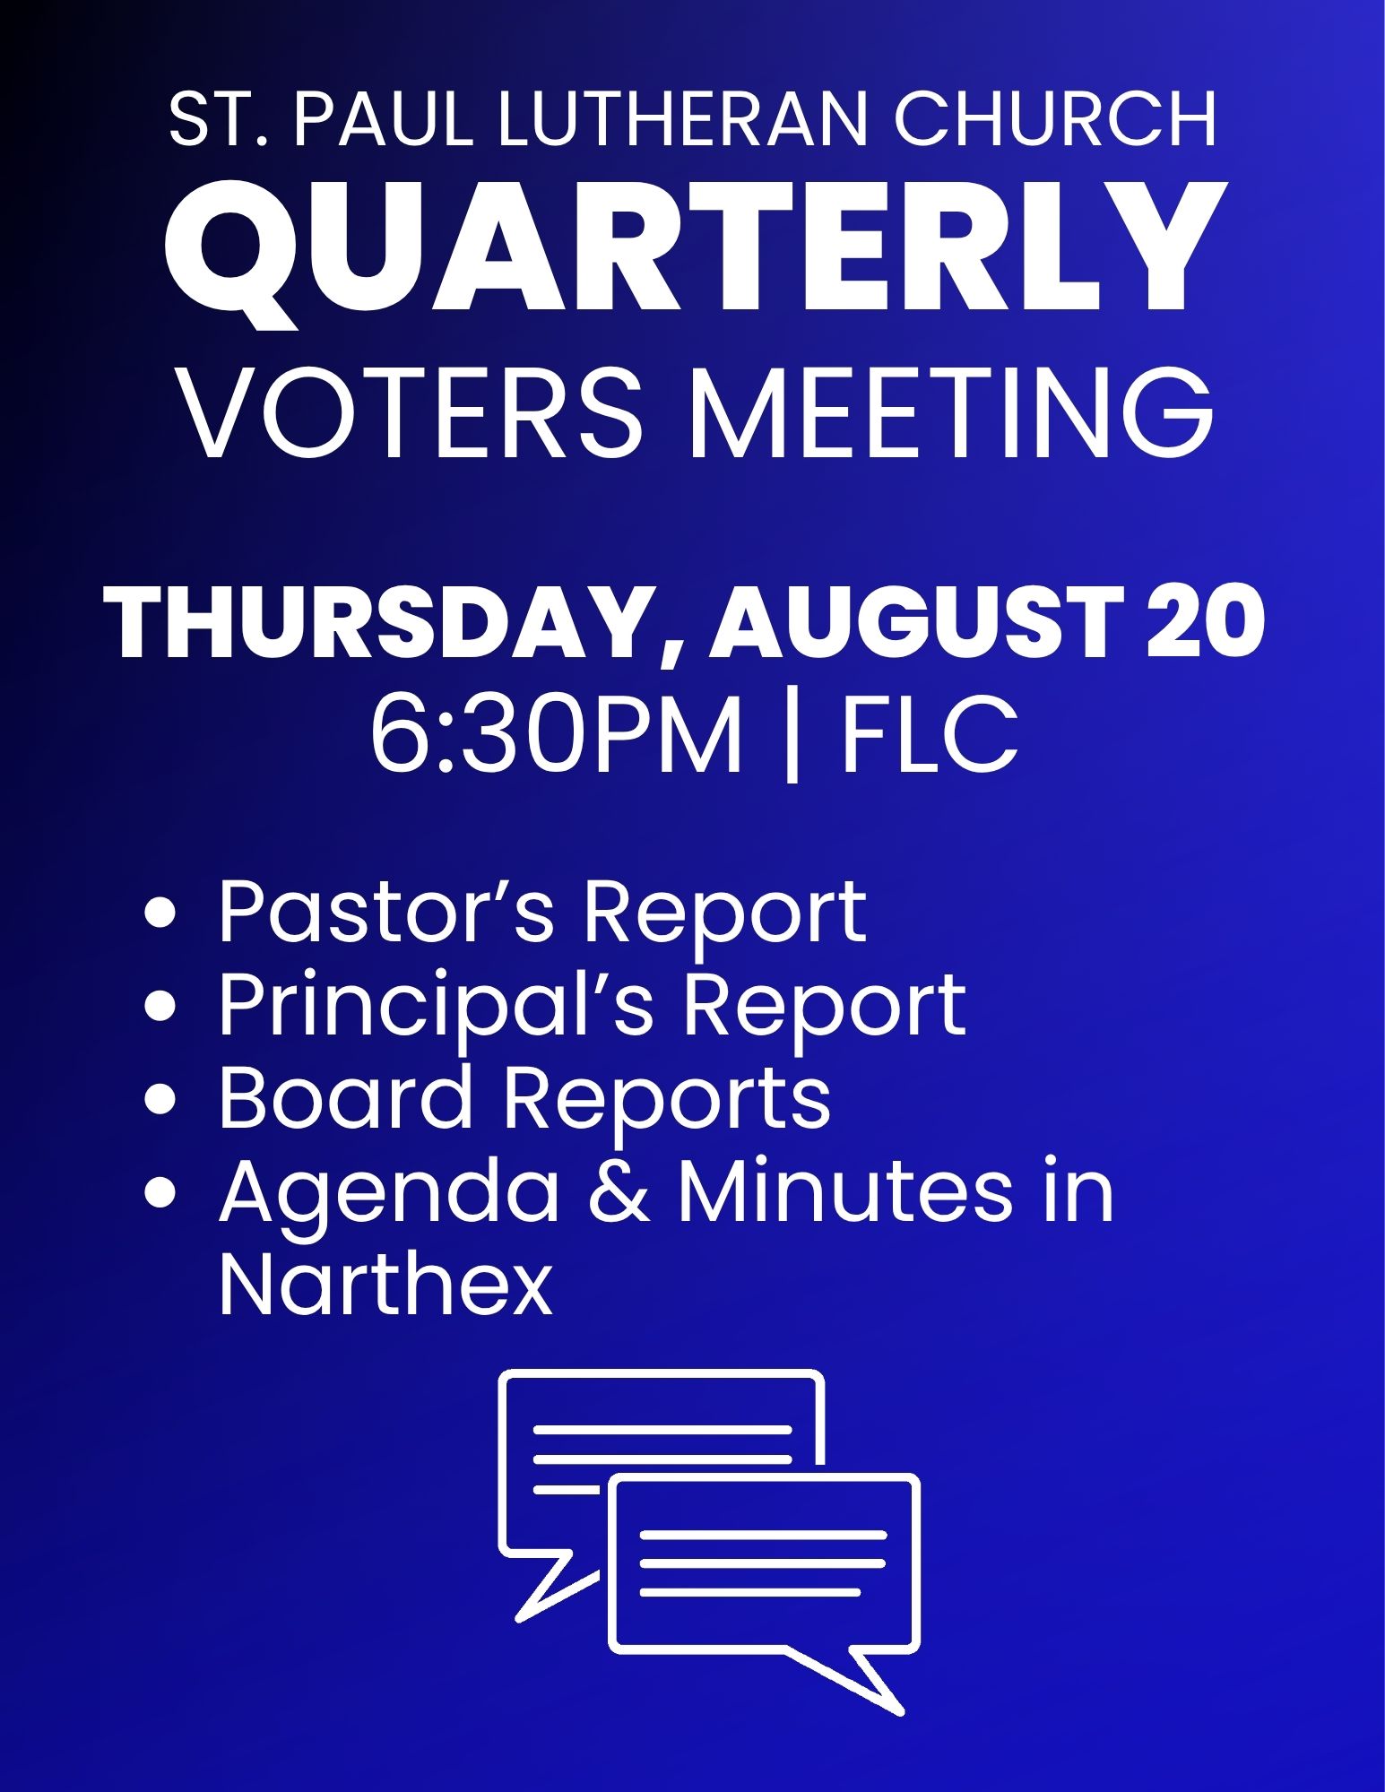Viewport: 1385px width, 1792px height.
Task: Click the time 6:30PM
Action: click(556, 736)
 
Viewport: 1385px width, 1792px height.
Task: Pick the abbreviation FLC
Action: click(930, 736)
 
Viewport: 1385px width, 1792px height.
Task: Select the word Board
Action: click(346, 1097)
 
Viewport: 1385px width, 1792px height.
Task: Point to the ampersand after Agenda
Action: click(619, 1191)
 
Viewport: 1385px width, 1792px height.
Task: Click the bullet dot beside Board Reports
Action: click(160, 1100)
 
